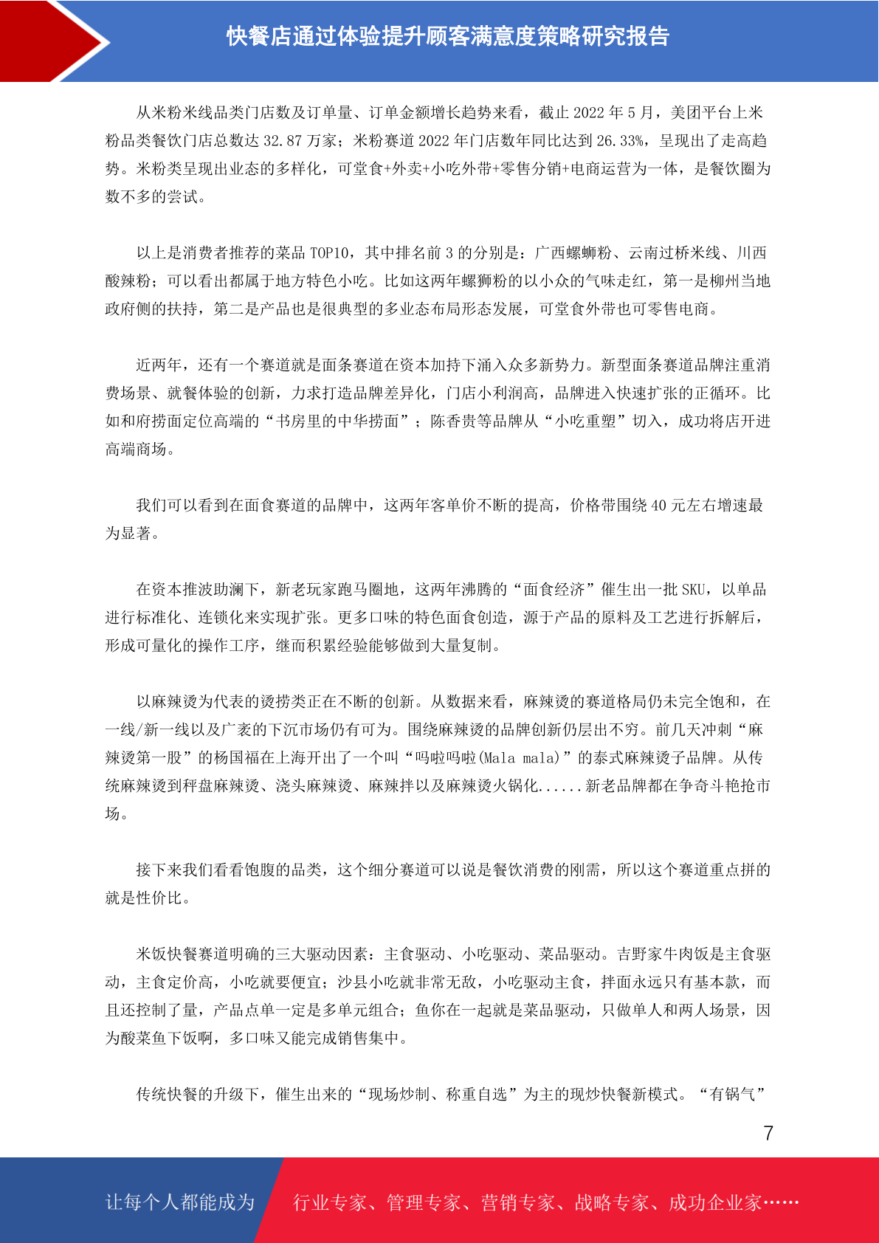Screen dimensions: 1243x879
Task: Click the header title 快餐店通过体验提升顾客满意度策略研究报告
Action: point(447,36)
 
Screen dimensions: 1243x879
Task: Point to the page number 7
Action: point(768,1133)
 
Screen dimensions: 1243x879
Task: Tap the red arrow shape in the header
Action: point(52,41)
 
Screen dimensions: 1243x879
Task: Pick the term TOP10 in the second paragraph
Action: point(329,253)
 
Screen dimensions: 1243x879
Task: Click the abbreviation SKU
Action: point(694,590)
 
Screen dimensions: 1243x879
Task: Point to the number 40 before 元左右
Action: point(658,506)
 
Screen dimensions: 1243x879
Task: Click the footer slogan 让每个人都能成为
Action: point(180,1202)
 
